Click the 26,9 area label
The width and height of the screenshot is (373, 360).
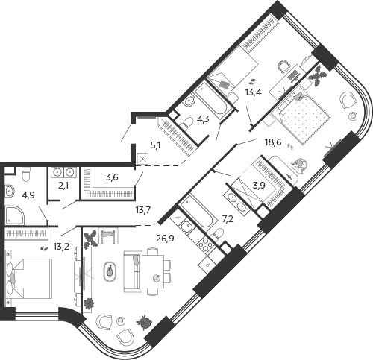pyautogui.click(x=165, y=239)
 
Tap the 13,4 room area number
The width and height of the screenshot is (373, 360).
pyautogui.click(x=253, y=92)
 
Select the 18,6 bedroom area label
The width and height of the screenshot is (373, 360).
pyautogui.click(x=272, y=142)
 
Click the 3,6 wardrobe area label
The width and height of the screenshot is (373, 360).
pyautogui.click(x=112, y=177)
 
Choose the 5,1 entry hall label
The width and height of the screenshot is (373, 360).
pyautogui.click(x=155, y=145)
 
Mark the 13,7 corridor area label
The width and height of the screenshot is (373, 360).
pyautogui.click(x=144, y=210)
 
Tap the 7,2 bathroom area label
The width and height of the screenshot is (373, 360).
pyautogui.click(x=228, y=219)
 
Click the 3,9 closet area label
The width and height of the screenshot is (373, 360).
pyautogui.click(x=259, y=186)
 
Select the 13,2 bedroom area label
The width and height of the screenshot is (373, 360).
pyautogui.click(x=61, y=246)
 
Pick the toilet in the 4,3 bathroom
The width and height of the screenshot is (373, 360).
pyautogui.click(x=186, y=123)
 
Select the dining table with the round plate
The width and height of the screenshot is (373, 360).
pyautogui.click(x=153, y=271)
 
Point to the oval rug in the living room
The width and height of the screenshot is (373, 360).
pyautogui.click(x=110, y=271)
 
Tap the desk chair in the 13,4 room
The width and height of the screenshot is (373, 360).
pyautogui.click(x=283, y=66)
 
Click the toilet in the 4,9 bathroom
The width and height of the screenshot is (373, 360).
pyautogui.click(x=26, y=174)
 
